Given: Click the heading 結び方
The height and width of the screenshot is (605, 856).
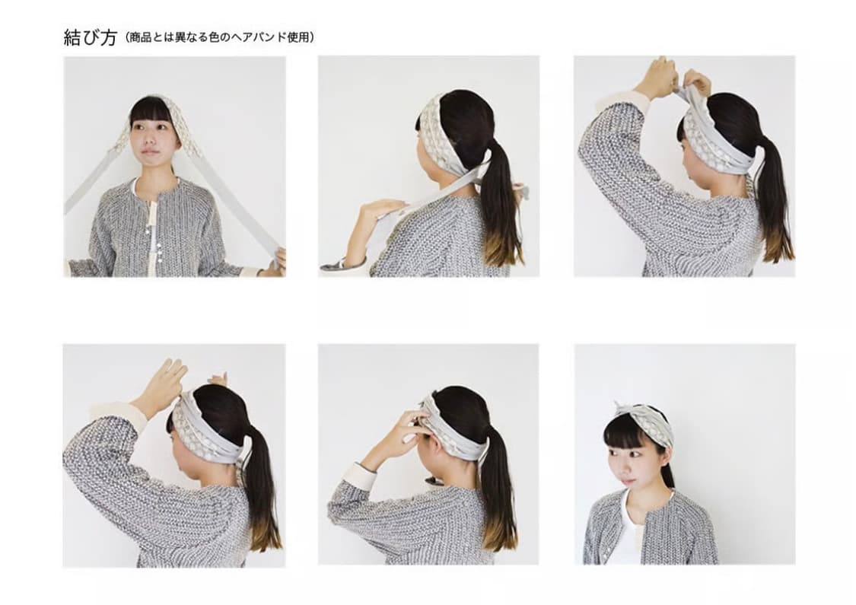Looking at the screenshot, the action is tap(90, 37).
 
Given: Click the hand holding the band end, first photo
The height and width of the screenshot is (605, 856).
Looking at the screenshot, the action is tap(275, 260).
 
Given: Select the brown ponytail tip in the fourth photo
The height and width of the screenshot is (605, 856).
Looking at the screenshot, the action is tap(266, 533).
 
